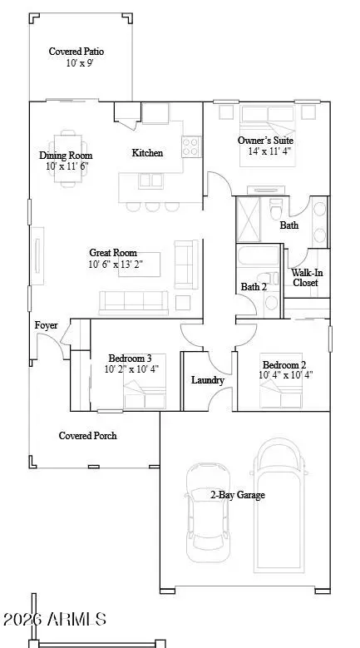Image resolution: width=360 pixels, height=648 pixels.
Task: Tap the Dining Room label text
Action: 66,156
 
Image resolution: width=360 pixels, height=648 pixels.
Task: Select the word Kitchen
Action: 147,153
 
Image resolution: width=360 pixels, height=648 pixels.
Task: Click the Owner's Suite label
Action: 265,141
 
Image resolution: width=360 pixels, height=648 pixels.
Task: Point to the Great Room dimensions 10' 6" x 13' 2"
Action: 112,265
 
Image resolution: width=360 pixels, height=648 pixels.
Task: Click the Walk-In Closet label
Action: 305,277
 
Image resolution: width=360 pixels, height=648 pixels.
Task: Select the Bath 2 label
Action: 254,287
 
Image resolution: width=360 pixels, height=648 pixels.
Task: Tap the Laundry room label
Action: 207,380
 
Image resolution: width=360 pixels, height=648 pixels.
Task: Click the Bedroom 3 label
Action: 127,358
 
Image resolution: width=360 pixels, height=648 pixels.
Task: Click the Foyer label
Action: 46,325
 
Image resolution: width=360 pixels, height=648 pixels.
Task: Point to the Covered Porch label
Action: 87,436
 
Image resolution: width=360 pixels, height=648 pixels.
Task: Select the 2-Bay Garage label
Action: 237,495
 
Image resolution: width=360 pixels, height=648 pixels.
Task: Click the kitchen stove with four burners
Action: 190,147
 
